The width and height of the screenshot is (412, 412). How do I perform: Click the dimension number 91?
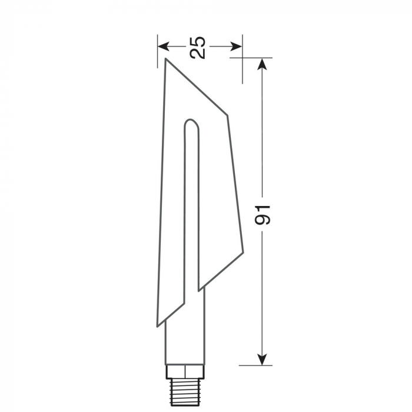263,214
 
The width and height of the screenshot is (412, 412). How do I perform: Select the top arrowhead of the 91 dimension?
263,63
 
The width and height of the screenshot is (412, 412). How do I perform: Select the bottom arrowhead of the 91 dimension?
263,360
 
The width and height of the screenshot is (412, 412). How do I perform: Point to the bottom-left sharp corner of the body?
157,325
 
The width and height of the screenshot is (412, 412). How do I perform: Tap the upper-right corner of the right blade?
227,114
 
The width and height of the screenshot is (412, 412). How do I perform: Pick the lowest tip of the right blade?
198,290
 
